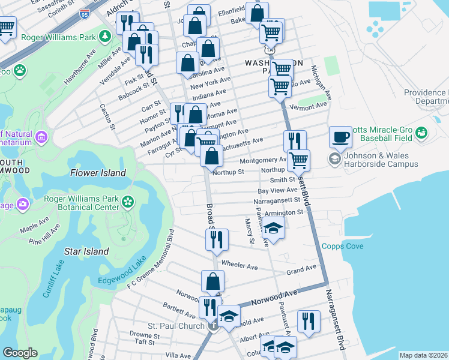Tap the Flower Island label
pyautogui.click(x=98, y=173)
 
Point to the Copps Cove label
pyautogui.click(x=343, y=246)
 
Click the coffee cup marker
pyautogui.click(x=340, y=137)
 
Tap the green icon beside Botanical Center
pyautogui.click(x=127, y=202)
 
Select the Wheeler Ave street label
pyautogui.click(x=240, y=265)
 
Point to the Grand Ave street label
pyautogui.click(x=301, y=270)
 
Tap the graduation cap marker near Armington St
pyautogui.click(x=273, y=229)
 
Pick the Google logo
pyautogui.click(x=20, y=352)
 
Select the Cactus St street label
pyautogui.click(x=107, y=115)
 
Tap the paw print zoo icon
pyautogui.click(x=20, y=71)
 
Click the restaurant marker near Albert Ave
pyautogui.click(x=309, y=320)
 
